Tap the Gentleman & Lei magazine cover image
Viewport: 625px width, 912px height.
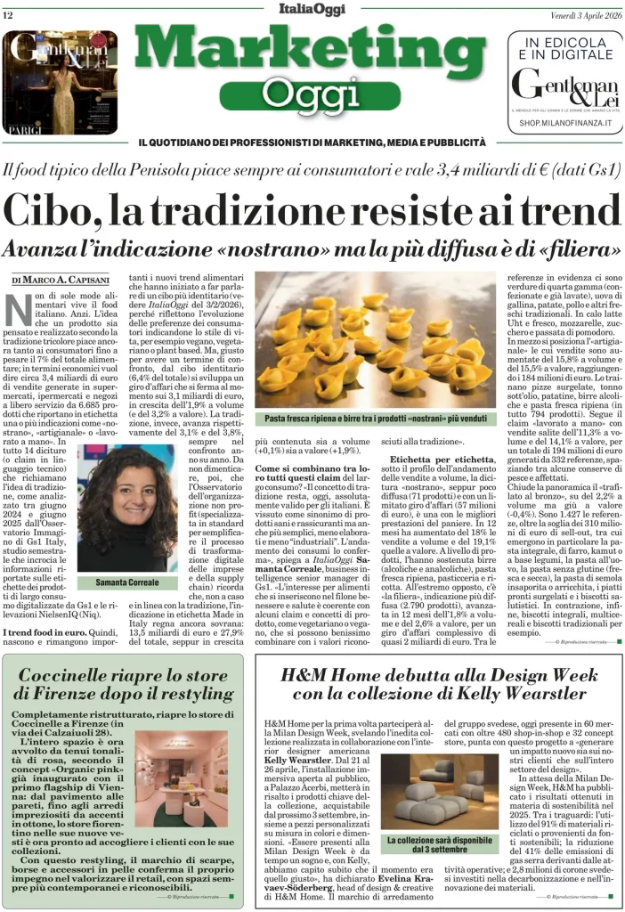click(x=60, y=81)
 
